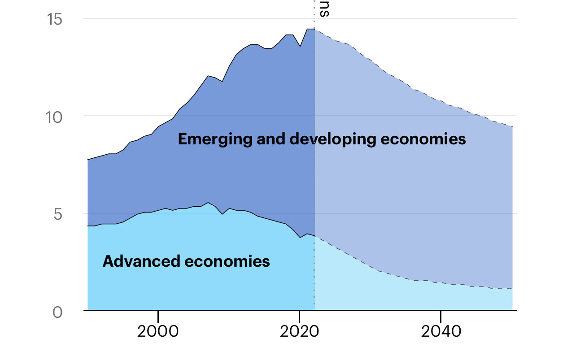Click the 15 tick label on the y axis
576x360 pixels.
[56, 20]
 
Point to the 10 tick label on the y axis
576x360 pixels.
[56, 117]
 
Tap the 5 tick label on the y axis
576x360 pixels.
[57, 214]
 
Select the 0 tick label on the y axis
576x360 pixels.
[57, 312]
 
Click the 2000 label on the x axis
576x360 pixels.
[158, 332]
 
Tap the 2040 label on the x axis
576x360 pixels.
[441, 332]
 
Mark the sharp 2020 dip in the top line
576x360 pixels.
[300, 46]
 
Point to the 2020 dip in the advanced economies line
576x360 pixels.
[300, 237]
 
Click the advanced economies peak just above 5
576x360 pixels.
[208, 203]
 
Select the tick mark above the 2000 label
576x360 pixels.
[158, 312]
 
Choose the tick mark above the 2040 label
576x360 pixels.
[441, 312]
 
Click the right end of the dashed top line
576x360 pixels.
[512, 126]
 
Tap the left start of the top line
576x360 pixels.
[88, 160]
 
